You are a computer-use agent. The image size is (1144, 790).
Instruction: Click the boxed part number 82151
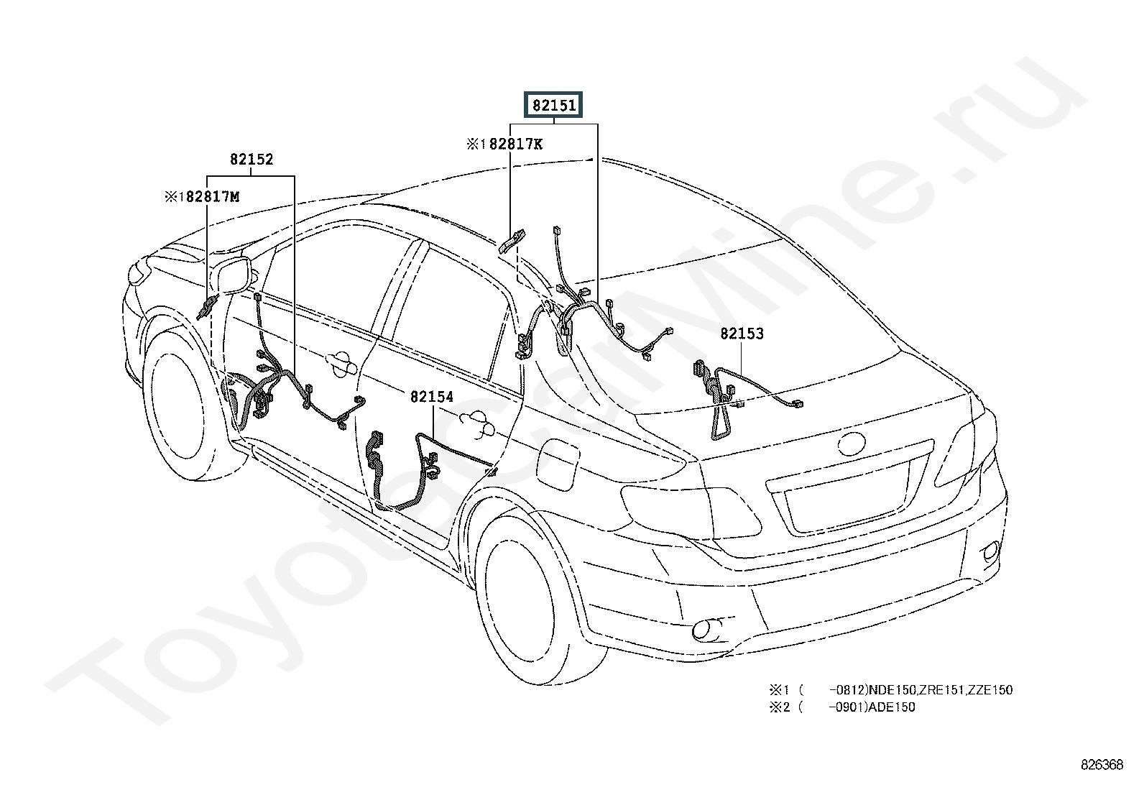coord(553,106)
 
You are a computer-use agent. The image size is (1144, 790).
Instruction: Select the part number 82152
coord(252,160)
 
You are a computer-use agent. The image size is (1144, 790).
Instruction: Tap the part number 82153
coord(742,334)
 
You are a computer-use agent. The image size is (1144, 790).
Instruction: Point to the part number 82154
coord(432,396)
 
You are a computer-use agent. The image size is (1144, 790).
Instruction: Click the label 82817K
coord(515,144)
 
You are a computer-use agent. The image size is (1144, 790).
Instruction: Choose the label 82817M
coord(212,196)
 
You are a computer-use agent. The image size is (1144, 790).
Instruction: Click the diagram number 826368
coord(1102,765)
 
